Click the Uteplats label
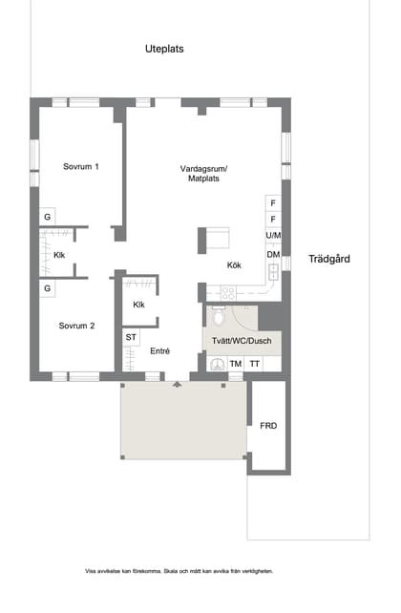[x=164, y=49]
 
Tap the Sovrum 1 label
[x=81, y=167]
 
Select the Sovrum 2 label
[x=76, y=326]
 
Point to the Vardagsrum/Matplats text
[x=211, y=174]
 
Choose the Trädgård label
[x=330, y=259]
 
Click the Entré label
[x=160, y=351]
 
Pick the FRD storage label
[x=268, y=425]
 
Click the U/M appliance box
[x=273, y=236]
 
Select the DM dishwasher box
[x=273, y=254]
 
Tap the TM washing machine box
[x=235, y=364]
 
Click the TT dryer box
[x=255, y=364]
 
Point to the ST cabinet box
[x=131, y=337]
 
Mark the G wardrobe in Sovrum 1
[x=46, y=218]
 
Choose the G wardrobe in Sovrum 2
[x=46, y=287]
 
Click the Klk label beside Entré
[x=139, y=305]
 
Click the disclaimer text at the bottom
[x=179, y=571]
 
